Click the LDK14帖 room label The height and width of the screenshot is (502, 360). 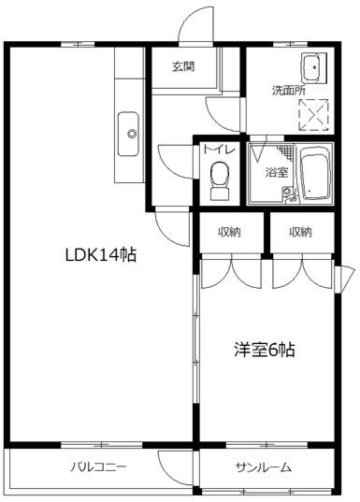[101, 255]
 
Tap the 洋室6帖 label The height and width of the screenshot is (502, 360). [265, 350]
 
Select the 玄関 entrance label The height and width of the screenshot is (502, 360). [183, 66]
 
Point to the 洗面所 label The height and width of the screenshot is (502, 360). [289, 91]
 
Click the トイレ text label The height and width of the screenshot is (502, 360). [220, 150]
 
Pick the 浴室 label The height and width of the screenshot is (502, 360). [277, 173]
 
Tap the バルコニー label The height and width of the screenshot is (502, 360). [98, 466]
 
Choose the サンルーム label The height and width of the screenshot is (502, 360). [264, 467]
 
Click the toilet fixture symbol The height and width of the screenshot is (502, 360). [220, 181]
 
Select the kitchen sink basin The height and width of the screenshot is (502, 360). [128, 134]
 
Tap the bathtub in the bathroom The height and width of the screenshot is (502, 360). [315, 173]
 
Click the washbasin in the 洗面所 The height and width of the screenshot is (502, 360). [313, 68]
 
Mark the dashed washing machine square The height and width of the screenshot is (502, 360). [313, 115]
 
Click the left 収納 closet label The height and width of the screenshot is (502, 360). [229, 232]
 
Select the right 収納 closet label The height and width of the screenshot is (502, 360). [300, 232]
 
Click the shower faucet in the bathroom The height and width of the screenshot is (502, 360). [287, 194]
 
